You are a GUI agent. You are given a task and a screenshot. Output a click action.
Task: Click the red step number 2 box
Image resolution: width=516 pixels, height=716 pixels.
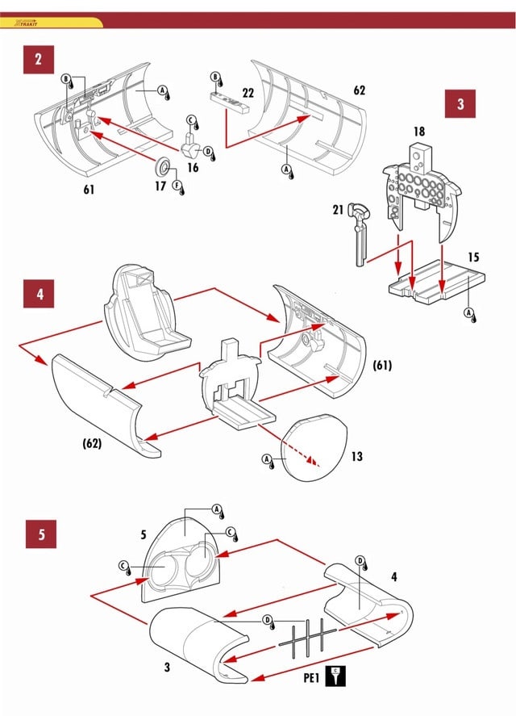pyautogui.click(x=39, y=59)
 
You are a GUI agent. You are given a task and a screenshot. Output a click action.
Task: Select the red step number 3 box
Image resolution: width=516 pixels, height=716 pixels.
pyautogui.click(x=460, y=104)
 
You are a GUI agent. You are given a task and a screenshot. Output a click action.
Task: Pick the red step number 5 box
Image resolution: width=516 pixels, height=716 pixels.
pyautogui.click(x=41, y=534)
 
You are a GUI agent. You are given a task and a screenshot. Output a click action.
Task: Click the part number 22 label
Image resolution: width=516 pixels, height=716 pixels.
pyautogui.click(x=248, y=94)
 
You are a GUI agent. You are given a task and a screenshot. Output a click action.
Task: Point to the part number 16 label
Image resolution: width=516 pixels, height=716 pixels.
pyautogui.click(x=192, y=167)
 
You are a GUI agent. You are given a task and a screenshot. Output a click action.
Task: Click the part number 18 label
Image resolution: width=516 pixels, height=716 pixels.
pyautogui.click(x=418, y=131)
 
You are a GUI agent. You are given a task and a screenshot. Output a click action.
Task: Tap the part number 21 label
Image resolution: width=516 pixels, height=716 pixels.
pyautogui.click(x=339, y=210)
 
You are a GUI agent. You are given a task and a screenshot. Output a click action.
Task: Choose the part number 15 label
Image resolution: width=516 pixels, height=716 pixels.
pyautogui.click(x=473, y=258)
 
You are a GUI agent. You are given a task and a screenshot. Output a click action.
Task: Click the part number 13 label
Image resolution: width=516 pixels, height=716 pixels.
pyautogui.click(x=356, y=457)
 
